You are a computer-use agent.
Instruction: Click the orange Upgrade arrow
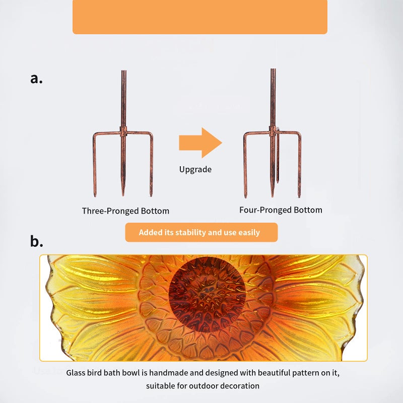(x=200, y=143)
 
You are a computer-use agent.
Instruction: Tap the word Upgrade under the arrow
(x=195, y=170)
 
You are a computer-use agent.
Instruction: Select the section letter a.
(x=36, y=79)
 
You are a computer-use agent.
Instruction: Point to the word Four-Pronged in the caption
(x=265, y=210)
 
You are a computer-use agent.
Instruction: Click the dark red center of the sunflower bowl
(x=207, y=295)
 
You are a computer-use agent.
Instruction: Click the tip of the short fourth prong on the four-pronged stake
(x=278, y=182)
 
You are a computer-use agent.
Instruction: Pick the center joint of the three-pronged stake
(x=123, y=132)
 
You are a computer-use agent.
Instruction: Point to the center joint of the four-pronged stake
(x=273, y=131)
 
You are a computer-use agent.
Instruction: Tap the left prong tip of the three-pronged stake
(x=95, y=196)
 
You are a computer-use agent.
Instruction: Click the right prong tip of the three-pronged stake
(x=151, y=196)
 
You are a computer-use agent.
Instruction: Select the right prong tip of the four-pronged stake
(x=299, y=197)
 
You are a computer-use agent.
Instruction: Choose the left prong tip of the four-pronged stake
(x=245, y=197)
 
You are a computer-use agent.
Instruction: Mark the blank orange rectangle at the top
(x=200, y=17)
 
